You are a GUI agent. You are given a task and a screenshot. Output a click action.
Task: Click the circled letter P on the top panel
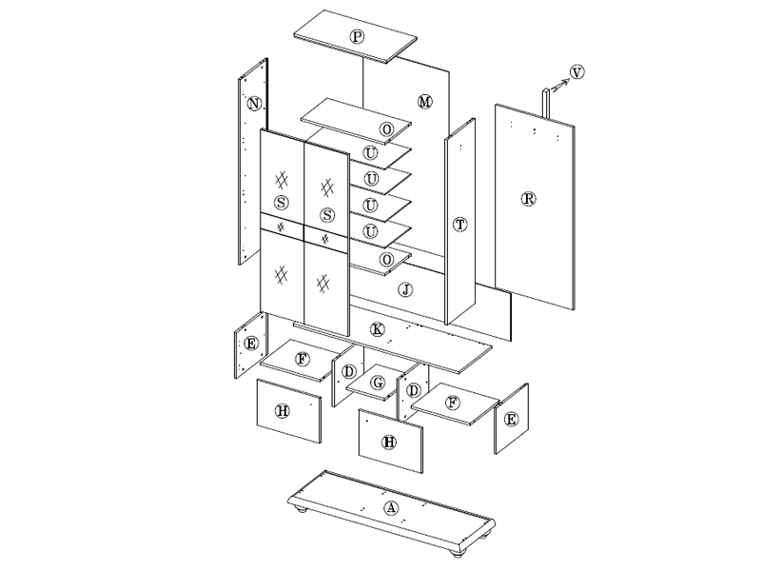pyautogui.click(x=358, y=36)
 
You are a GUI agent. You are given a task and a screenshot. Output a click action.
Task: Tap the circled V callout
pyautogui.click(x=576, y=72)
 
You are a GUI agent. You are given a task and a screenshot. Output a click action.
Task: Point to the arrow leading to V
pyautogui.click(x=560, y=86)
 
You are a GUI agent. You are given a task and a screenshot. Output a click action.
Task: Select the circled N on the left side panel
pyautogui.click(x=254, y=104)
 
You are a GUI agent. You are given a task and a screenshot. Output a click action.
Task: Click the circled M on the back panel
pyautogui.click(x=424, y=102)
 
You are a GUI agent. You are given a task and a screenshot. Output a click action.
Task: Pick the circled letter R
pyautogui.click(x=528, y=199)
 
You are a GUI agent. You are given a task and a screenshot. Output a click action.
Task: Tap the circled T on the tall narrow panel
pyautogui.click(x=459, y=225)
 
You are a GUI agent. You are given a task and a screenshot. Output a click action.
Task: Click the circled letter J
pyautogui.click(x=406, y=290)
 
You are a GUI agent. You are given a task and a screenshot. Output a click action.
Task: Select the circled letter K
pyautogui.click(x=377, y=329)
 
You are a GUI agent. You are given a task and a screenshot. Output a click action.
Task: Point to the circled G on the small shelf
pyautogui.click(x=377, y=384)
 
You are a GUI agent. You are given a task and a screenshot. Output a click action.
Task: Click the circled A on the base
pyautogui.click(x=391, y=508)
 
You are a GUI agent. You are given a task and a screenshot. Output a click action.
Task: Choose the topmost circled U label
pyautogui.click(x=370, y=153)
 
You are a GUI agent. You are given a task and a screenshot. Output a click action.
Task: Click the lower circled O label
pyautogui.click(x=386, y=260)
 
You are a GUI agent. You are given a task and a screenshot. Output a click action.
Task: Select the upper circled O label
pyautogui.click(x=386, y=129)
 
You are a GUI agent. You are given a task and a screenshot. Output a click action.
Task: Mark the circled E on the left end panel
pyautogui.click(x=251, y=344)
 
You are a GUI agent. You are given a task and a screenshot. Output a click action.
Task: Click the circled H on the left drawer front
pyautogui.click(x=283, y=411)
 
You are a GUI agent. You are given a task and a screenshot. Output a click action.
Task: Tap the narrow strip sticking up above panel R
pyautogui.click(x=546, y=103)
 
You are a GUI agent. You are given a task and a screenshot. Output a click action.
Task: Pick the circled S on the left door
pyautogui.click(x=281, y=203)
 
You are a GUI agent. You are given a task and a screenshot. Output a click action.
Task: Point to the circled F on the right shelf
pyautogui.click(x=453, y=403)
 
